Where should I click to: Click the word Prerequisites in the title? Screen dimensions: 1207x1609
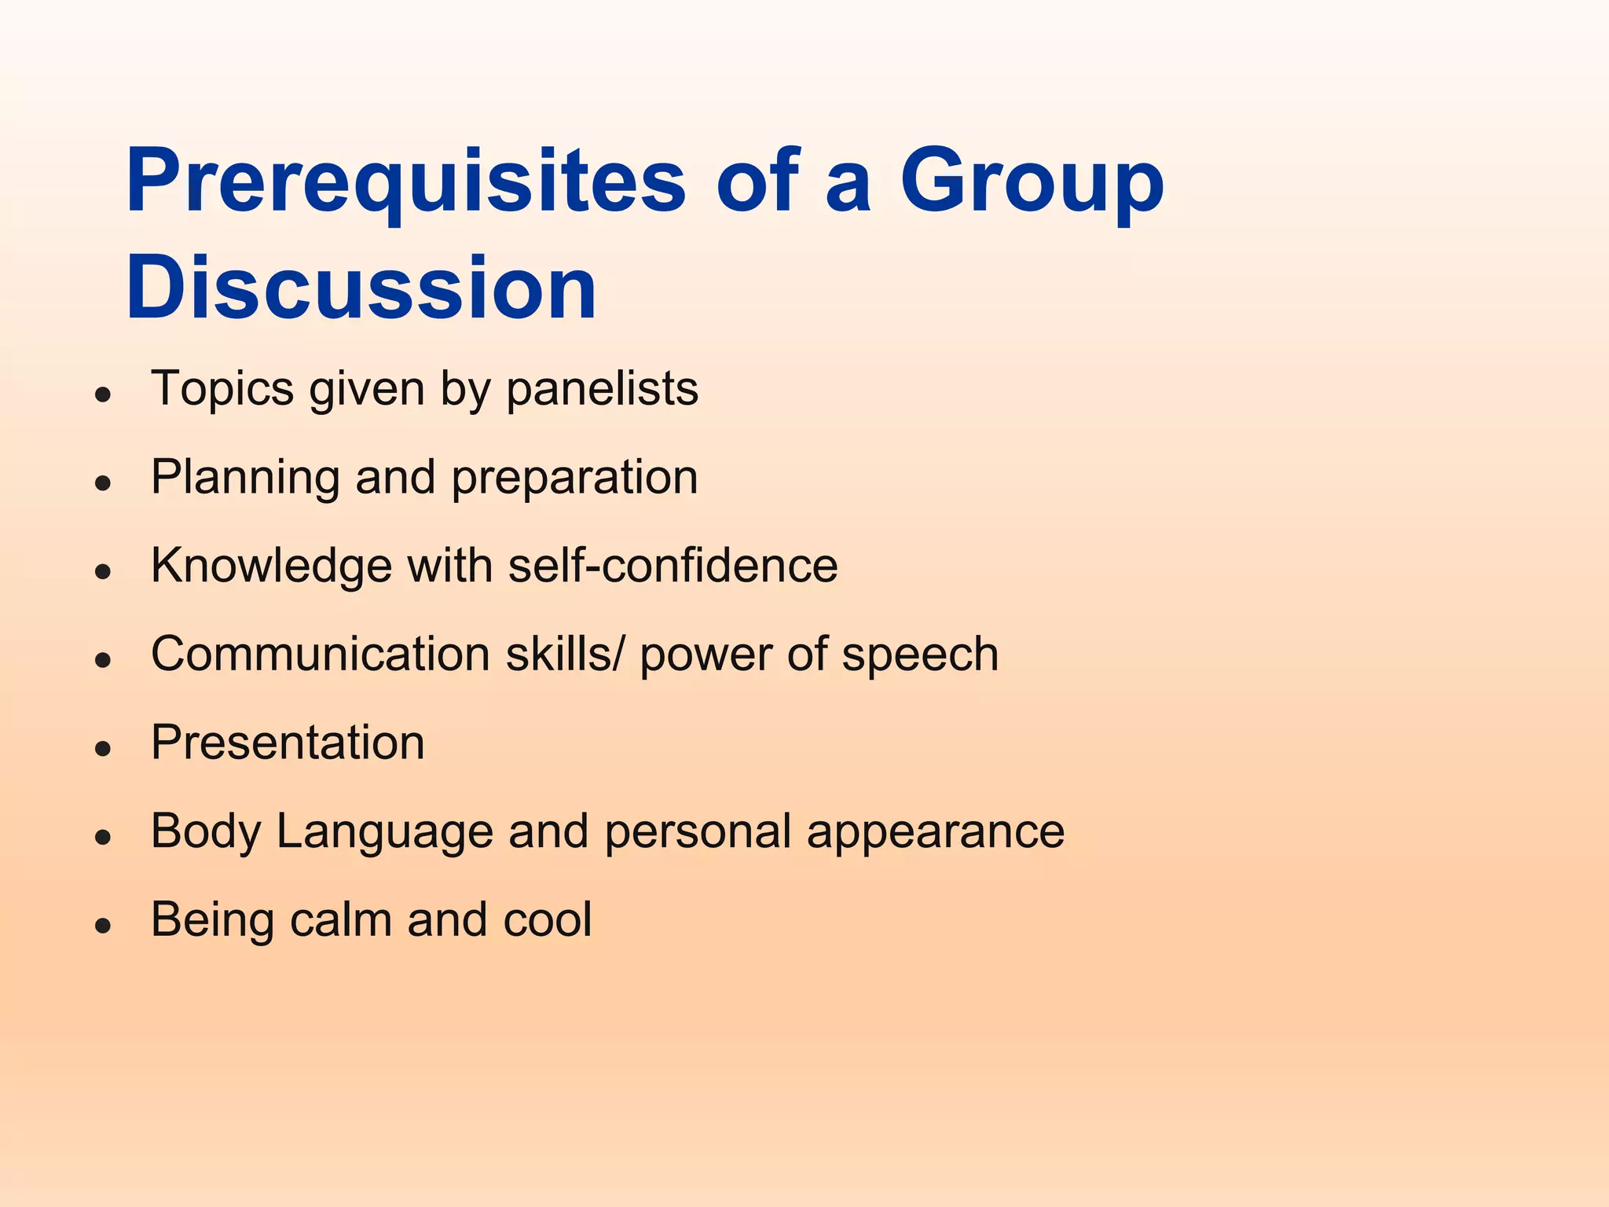pos(405,182)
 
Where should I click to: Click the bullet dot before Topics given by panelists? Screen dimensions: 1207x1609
pos(102,394)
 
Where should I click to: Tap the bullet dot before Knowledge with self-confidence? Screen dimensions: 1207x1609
pos(102,571)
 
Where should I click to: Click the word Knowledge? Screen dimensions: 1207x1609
pos(271,566)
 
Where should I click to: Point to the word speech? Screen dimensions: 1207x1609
pos(920,655)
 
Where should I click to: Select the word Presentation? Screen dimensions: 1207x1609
pos(288,743)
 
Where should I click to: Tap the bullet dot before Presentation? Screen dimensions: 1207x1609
pos(102,748)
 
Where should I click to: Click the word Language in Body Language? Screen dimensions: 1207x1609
pos(384,832)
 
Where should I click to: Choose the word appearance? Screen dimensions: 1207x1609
pos(935,832)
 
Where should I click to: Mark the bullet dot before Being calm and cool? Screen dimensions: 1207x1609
pos(102,926)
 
